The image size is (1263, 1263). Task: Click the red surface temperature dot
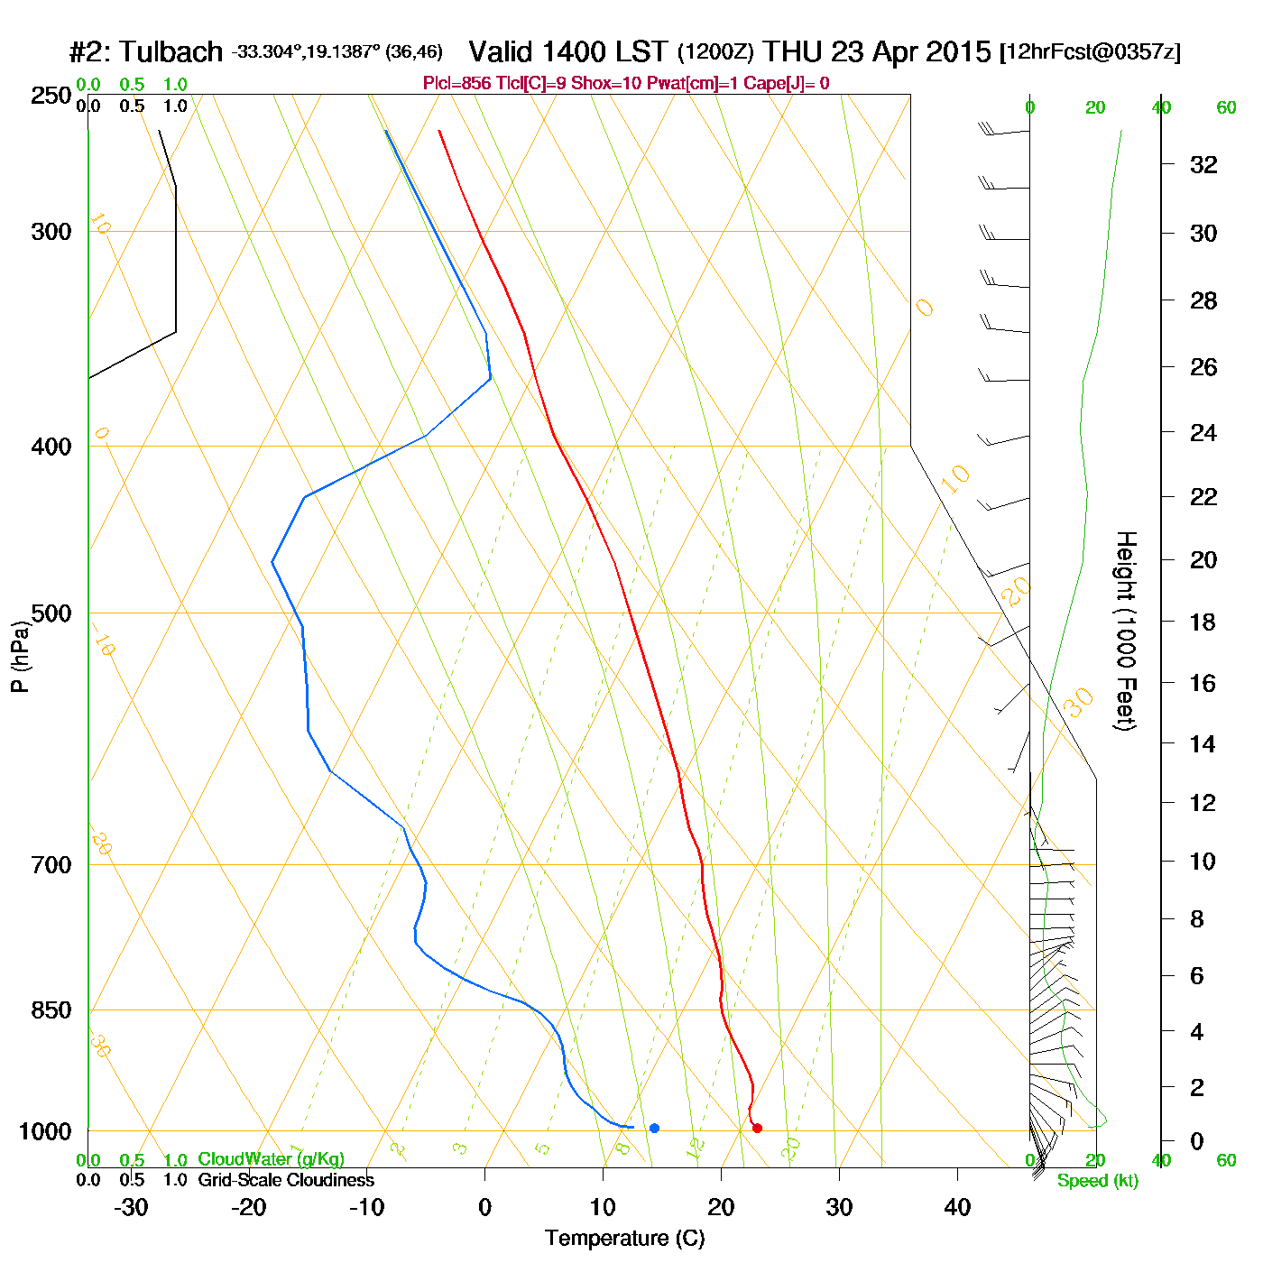point(757,1128)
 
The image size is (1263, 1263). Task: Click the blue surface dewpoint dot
point(654,1128)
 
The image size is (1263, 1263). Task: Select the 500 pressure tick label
point(51,613)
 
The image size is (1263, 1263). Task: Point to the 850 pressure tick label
point(51,1010)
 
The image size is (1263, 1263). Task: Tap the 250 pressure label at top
point(51,96)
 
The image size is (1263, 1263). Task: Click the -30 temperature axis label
point(131,1207)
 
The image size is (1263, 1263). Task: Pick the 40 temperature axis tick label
point(957,1207)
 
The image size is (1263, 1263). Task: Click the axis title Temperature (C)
point(624,1239)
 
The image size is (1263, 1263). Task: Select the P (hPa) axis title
point(20,656)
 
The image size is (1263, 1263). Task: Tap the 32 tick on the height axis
point(1203,164)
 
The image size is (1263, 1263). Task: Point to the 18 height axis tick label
point(1203,622)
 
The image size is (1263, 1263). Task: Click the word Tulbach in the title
point(171,52)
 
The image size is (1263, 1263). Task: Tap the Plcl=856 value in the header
point(457,84)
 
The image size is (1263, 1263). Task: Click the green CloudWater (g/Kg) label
point(271,1159)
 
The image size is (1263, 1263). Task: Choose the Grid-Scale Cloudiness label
point(286,1180)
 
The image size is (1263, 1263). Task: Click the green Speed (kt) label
point(1098,1181)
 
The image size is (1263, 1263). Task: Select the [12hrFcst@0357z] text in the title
point(1090,52)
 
